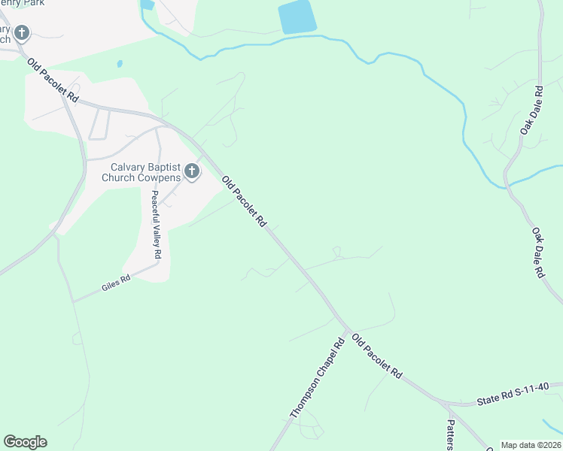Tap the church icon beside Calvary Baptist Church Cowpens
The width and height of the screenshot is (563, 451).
[192, 172]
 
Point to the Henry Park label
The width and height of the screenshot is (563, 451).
[23, 3]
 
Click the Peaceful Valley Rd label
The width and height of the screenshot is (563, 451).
[155, 224]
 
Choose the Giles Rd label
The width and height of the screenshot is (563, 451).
[116, 283]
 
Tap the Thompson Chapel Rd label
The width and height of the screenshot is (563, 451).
[317, 377]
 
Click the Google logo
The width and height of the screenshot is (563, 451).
[25, 442]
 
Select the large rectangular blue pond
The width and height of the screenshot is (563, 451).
[297, 17]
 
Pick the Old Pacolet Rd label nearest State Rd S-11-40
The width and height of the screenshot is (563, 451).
[377, 357]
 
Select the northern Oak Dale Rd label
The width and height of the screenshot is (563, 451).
[531, 110]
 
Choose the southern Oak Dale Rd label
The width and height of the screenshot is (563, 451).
[537, 253]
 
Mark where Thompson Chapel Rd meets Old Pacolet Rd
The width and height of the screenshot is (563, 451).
[347, 329]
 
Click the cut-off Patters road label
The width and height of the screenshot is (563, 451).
[449, 434]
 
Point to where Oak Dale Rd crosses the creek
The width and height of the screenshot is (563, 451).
[509, 183]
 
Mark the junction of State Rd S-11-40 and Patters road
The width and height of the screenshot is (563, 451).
[446, 404]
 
